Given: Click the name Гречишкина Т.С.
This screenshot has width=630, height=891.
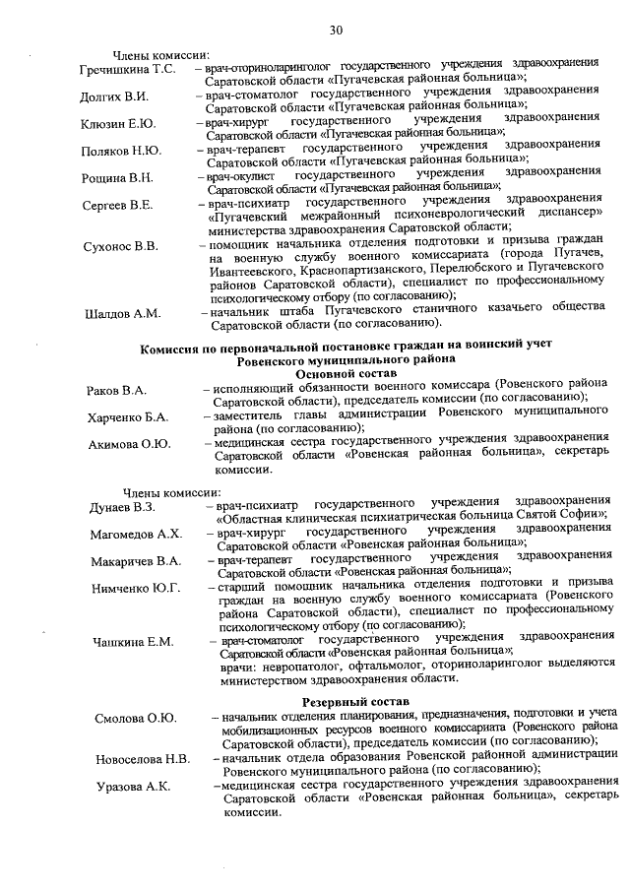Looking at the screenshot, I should (127, 70).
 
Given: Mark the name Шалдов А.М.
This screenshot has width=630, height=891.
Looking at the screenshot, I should (122, 314).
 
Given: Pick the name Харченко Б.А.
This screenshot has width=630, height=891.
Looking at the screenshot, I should (127, 417).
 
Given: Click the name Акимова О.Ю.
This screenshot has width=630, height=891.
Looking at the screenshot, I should (129, 444).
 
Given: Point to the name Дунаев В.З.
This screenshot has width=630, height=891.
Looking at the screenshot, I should (121, 507).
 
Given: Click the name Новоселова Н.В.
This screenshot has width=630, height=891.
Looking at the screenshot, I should (143, 759).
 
